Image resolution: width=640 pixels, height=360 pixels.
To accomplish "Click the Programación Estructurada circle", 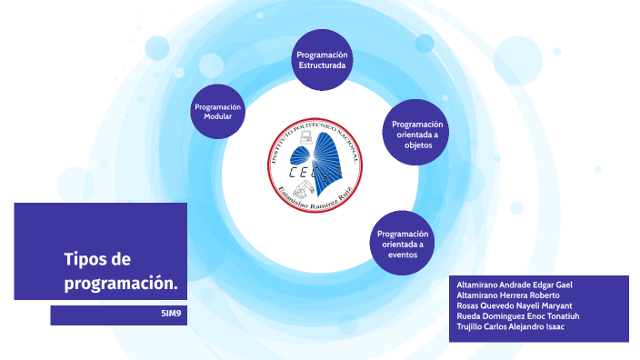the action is coord(322,61).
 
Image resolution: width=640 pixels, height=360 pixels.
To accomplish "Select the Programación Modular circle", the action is coord(218,112).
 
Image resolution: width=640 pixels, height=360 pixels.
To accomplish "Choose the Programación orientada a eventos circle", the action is coord(402,244).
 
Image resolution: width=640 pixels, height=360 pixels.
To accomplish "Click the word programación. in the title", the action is coord(120,284).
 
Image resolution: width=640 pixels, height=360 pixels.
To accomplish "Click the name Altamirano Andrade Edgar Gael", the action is coord(514,285).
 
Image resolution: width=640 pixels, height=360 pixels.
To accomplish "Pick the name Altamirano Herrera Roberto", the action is coord(507,295).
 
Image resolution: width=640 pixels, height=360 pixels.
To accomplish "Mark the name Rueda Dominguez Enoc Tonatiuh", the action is coord(517,315).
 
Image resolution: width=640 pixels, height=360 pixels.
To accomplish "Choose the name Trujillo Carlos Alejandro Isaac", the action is coord(510,326).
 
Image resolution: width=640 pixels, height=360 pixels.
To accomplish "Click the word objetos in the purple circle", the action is coord(417,145).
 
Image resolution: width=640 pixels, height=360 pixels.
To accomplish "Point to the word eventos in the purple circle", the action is coord(402,255).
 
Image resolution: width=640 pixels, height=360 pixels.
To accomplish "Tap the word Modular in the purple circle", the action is coord(218,117).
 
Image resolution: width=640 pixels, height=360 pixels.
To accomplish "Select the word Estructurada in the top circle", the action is coord(322,66).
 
